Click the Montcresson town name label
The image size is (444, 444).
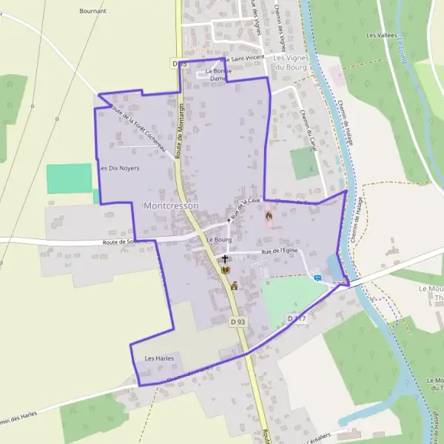point(170,205)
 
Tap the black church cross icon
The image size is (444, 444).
point(225,260)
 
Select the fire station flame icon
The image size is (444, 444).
point(269,217)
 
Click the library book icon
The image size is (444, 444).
point(225,270)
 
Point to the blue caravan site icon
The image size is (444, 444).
point(317,277)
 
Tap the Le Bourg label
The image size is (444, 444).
point(220,240)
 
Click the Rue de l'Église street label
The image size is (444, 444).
point(278,252)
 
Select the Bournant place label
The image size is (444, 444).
point(92,11)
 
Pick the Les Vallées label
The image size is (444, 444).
point(382,35)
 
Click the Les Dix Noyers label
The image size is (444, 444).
point(119,168)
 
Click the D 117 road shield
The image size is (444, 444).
point(296,318)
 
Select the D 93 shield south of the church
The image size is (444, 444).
point(237,322)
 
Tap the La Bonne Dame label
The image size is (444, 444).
point(217,74)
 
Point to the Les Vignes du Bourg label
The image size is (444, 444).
point(290,62)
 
